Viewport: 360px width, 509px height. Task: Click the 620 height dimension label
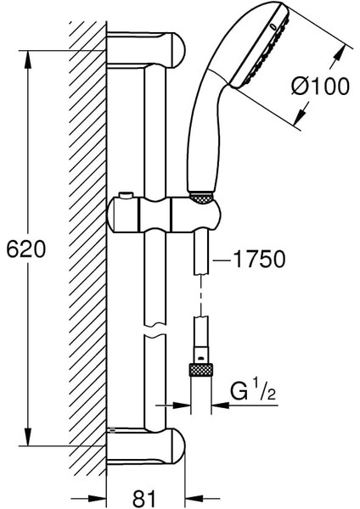click(x=26, y=249)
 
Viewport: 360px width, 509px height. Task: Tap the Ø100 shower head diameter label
click(x=320, y=87)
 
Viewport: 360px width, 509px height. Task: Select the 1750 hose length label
click(x=259, y=259)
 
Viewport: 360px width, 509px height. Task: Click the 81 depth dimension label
click(x=144, y=497)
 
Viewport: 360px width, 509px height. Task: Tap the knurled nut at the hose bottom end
click(x=200, y=370)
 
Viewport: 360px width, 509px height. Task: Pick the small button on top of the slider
click(x=126, y=195)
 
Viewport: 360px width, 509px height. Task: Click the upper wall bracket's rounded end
click(x=177, y=49)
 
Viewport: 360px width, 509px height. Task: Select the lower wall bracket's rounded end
click(x=177, y=445)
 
